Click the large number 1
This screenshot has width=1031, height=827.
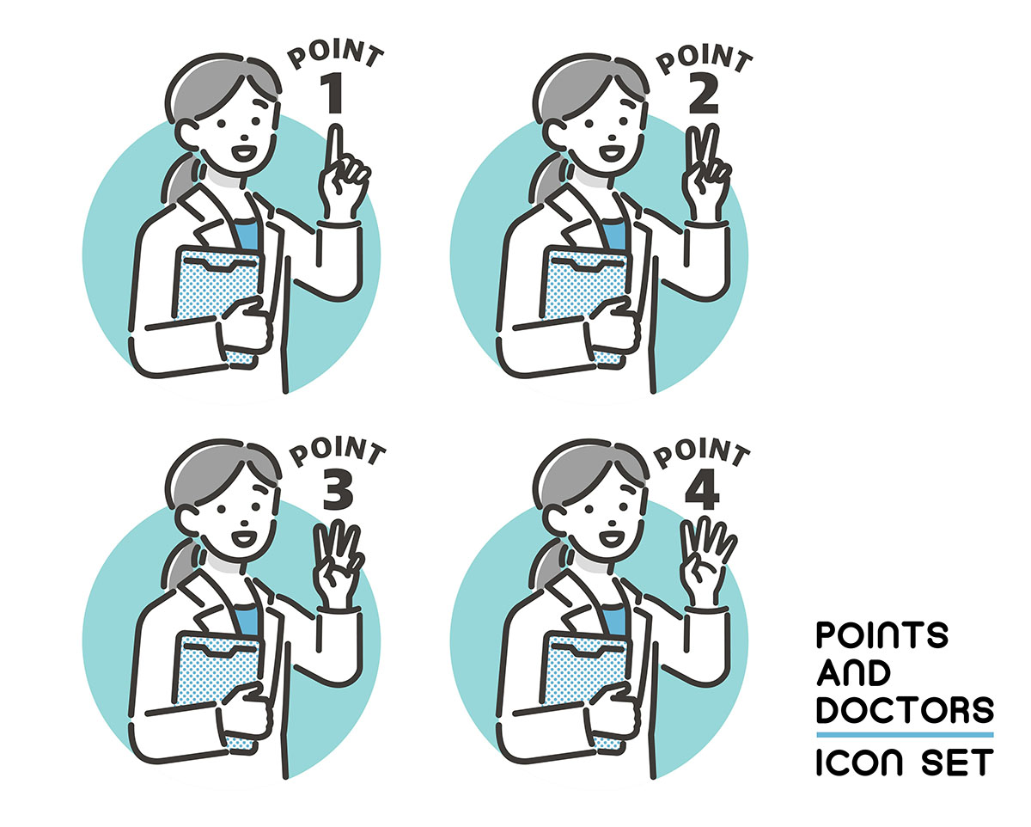(x=332, y=94)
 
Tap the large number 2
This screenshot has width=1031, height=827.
(x=704, y=94)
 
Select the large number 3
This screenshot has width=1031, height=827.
(x=338, y=489)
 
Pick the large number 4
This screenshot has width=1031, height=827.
(x=702, y=489)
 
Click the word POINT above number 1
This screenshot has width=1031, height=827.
(x=335, y=55)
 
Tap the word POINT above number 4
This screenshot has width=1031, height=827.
(x=702, y=452)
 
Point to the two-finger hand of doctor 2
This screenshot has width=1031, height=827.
(x=705, y=173)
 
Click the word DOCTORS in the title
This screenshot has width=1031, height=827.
(x=905, y=709)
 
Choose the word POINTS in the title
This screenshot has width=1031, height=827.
(x=882, y=635)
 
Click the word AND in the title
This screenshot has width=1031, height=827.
(x=853, y=672)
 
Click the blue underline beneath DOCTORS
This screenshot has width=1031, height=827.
(x=905, y=735)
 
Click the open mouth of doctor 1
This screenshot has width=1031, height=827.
(x=244, y=154)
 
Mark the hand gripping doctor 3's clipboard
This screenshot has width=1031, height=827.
(x=246, y=709)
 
